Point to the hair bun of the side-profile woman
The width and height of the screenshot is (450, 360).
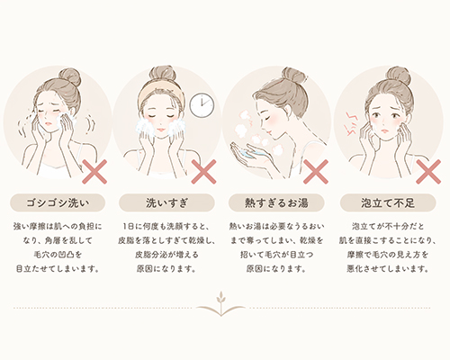point(292,76)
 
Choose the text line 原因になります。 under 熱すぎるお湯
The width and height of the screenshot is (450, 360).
point(280,268)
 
